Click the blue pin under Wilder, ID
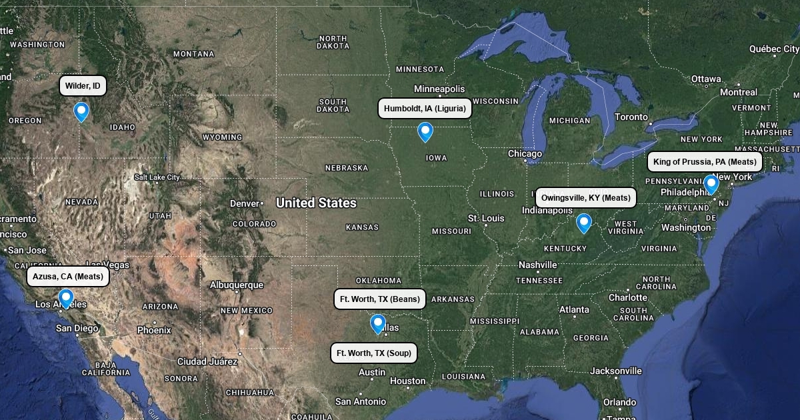(81, 111)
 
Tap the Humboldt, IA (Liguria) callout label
(425, 109)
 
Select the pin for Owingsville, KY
(583, 223)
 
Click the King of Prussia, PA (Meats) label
(705, 162)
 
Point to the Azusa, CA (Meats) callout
(68, 276)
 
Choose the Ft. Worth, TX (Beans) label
(379, 299)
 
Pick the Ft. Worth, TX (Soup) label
(374, 353)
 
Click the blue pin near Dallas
(378, 323)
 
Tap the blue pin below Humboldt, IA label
(425, 132)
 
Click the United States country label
(316, 203)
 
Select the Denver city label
(244, 203)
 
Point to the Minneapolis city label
(439, 89)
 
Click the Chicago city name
(525, 154)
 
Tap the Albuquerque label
(237, 285)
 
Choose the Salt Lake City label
(157, 177)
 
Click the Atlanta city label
(574, 310)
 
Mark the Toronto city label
(631, 117)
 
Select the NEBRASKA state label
(347, 168)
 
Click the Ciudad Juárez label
(207, 361)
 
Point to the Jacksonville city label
(616, 371)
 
